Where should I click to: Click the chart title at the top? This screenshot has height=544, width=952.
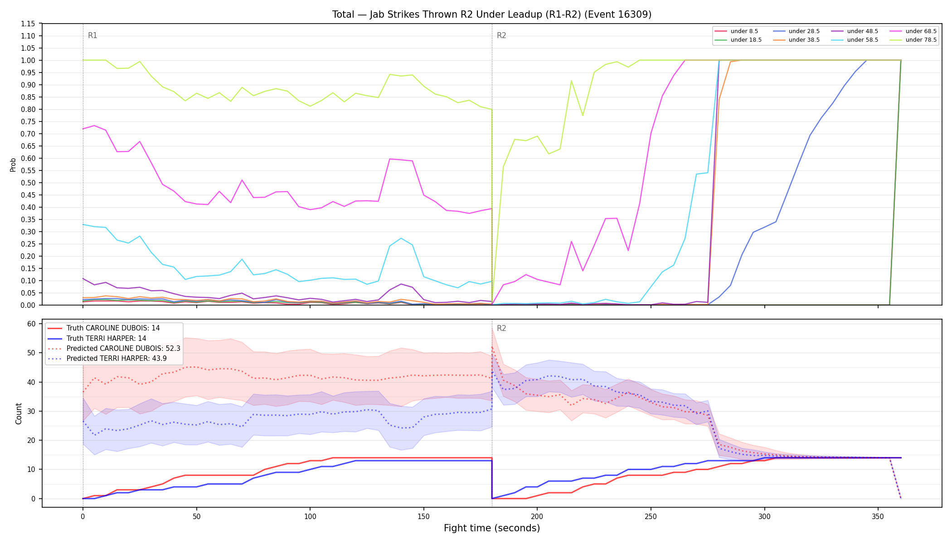(492, 15)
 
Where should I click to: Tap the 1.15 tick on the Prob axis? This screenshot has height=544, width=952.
(29, 24)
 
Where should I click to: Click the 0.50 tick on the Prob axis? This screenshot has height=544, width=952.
(29, 183)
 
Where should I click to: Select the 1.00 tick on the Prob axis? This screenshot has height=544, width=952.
(29, 60)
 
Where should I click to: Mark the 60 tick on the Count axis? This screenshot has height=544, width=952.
(31, 324)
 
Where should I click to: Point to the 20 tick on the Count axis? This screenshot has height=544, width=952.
(31, 440)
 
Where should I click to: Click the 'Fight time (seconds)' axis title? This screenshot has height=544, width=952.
(492, 528)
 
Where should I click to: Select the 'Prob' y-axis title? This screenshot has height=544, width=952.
(13, 165)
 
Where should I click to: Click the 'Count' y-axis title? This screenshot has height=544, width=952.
(19, 413)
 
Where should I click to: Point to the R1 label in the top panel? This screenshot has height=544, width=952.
(92, 35)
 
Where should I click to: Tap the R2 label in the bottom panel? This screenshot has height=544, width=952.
(501, 328)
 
